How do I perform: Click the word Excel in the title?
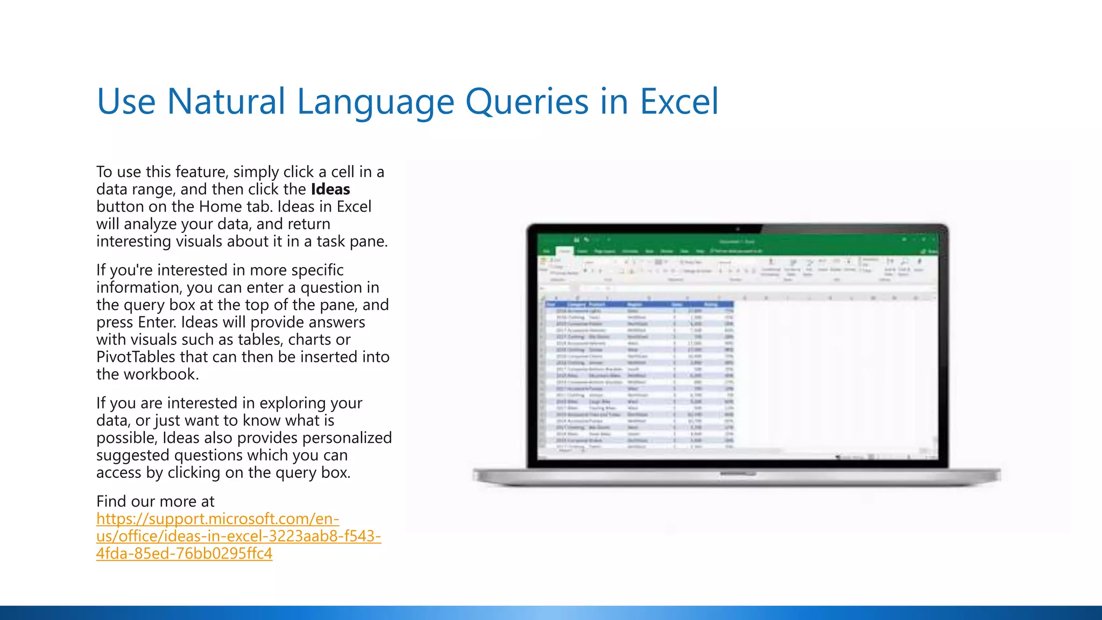click(x=679, y=102)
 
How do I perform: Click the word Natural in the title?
click(x=226, y=102)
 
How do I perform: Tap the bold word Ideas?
click(x=330, y=189)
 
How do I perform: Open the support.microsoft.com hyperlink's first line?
click(x=217, y=519)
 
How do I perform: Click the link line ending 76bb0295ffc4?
click(x=184, y=553)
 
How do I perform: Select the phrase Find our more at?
click(x=155, y=502)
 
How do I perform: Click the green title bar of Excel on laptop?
click(x=737, y=241)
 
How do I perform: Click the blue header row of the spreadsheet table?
click(x=639, y=305)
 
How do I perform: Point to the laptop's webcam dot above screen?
click(x=738, y=229)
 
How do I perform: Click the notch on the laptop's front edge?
click(x=738, y=474)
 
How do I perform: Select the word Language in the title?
click(x=375, y=102)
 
